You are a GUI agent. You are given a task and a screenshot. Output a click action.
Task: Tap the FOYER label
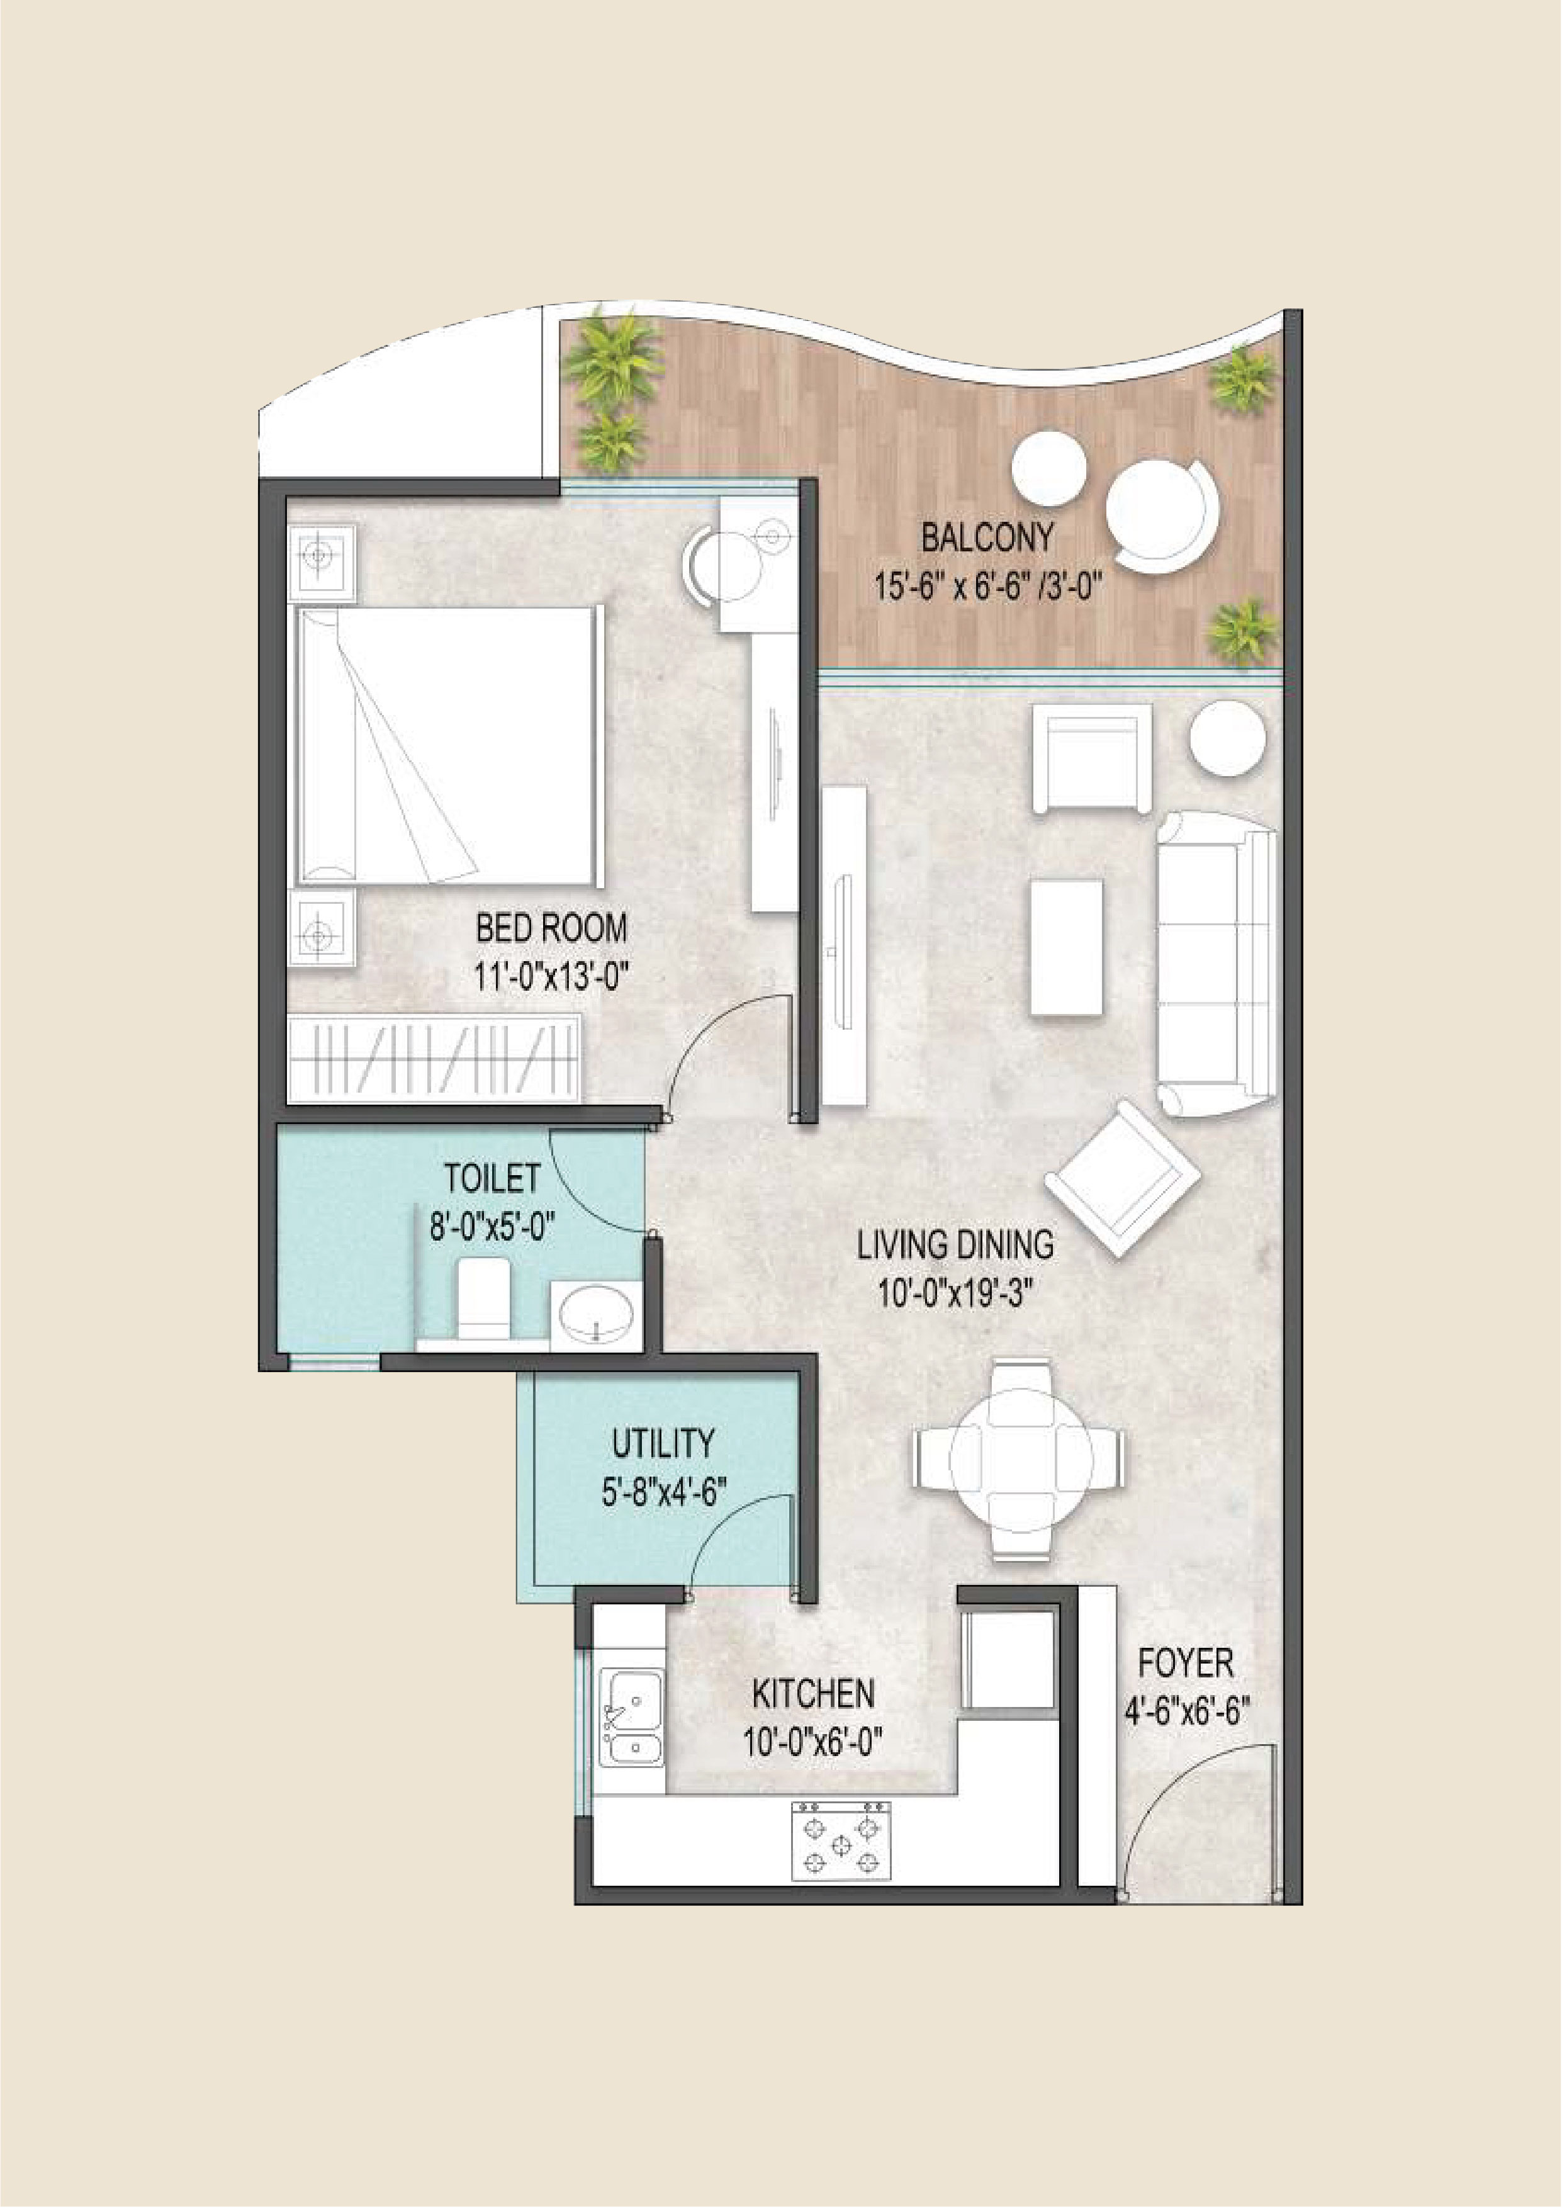tap(1186, 1663)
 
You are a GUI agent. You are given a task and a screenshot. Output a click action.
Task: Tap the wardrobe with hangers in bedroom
tap(435, 1057)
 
